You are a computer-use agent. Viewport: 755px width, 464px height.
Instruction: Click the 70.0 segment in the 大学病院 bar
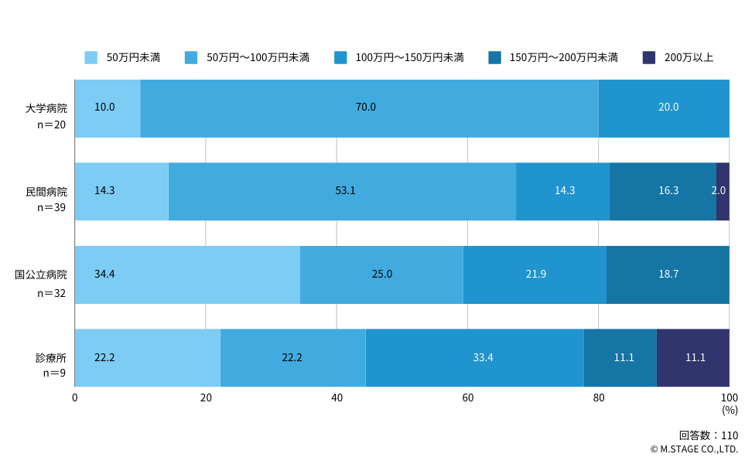pos(369,109)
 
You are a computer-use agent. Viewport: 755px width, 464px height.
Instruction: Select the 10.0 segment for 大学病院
pos(108,109)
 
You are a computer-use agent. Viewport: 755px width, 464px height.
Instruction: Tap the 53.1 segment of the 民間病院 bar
pos(343,192)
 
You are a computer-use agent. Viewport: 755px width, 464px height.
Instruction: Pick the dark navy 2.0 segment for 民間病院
pos(723,192)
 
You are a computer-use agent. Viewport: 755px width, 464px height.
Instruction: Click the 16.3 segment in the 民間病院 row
pos(663,192)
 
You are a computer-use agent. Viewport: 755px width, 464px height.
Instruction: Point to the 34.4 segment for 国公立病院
pos(187,275)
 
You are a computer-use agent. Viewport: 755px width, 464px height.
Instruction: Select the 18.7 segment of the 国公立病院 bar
pos(668,275)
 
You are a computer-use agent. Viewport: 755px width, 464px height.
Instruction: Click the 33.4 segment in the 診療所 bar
pos(475,357)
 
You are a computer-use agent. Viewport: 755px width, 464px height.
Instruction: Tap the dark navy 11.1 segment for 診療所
pos(693,357)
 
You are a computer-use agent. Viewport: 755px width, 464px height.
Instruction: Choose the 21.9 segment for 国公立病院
pos(535,275)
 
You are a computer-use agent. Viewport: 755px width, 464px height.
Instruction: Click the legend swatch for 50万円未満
pos(91,58)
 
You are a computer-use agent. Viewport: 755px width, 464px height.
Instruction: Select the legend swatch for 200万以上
pos(649,58)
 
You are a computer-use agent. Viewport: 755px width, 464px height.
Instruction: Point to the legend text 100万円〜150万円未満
pos(410,58)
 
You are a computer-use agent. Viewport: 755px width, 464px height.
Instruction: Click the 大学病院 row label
pos(46,108)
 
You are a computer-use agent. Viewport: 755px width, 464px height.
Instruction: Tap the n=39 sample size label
pos(52,207)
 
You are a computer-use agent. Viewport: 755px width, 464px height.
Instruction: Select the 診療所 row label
pos(51,358)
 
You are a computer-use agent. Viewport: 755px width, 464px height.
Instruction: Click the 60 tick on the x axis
pos(467,398)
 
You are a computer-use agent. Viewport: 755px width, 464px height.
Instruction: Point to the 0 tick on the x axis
pos(74,398)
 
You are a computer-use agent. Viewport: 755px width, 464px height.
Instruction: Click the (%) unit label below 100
pos(730,410)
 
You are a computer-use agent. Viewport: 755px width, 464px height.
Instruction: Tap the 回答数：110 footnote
pos(709,435)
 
